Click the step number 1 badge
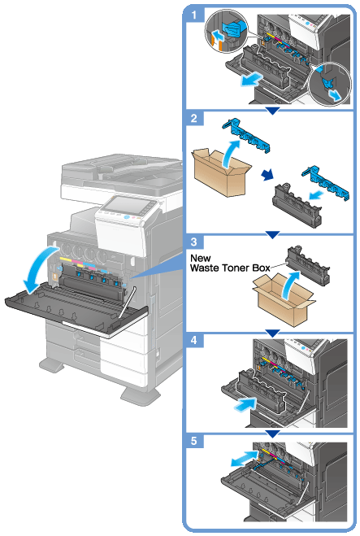[x=194, y=15]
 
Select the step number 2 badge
[x=194, y=119]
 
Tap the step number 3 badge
[x=194, y=242]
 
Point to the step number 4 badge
[x=194, y=341]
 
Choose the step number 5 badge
[x=194, y=441]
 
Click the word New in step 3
[x=200, y=258]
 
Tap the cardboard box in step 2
[x=221, y=172]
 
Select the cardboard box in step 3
[x=283, y=299]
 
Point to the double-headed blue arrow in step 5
[x=244, y=458]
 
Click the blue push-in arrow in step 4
[x=245, y=404]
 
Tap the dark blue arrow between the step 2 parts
[x=267, y=174]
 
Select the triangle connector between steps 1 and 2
[x=272, y=111]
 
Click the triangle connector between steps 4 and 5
[x=272, y=434]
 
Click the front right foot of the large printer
[x=140, y=396]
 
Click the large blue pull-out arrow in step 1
[x=251, y=81]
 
